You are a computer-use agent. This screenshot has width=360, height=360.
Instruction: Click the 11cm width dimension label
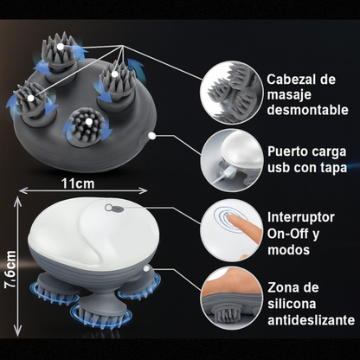tap(78, 183)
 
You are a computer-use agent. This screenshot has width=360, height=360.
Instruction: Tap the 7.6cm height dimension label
tap(10, 269)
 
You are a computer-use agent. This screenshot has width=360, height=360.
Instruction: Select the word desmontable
tap(307, 110)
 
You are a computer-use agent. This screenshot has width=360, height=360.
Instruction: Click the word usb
tap(279, 168)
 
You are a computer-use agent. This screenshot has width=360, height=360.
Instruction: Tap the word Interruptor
tap(301, 217)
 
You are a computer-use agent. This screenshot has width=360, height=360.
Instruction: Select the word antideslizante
tap(311, 320)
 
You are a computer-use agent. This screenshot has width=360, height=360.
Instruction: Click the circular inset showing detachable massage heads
tap(232, 93)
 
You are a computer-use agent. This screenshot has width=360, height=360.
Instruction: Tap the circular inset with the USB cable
tap(232, 160)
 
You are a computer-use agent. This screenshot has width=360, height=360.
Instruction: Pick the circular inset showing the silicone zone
tap(232, 299)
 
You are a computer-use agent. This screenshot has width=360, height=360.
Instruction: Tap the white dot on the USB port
tap(151, 136)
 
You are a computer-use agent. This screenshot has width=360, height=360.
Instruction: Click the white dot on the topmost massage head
tap(60, 47)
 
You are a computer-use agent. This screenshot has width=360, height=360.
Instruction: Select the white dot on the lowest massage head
tap(89, 122)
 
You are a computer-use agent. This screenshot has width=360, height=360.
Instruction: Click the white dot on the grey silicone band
tap(147, 269)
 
